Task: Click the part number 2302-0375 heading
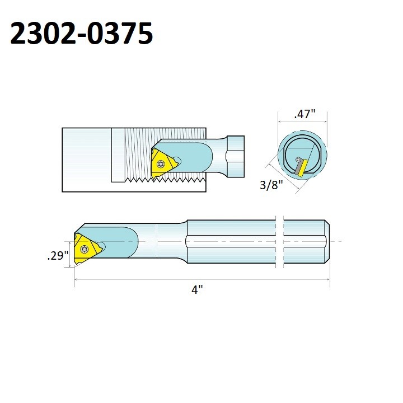82,35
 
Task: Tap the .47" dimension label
305,114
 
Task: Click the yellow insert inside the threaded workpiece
163,163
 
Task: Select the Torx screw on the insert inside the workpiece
162,164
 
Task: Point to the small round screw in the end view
298,161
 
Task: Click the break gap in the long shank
280,242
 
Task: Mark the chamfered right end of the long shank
327,242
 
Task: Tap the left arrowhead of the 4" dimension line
77,279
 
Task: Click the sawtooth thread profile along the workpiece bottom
168,179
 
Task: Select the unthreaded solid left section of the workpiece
86,160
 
